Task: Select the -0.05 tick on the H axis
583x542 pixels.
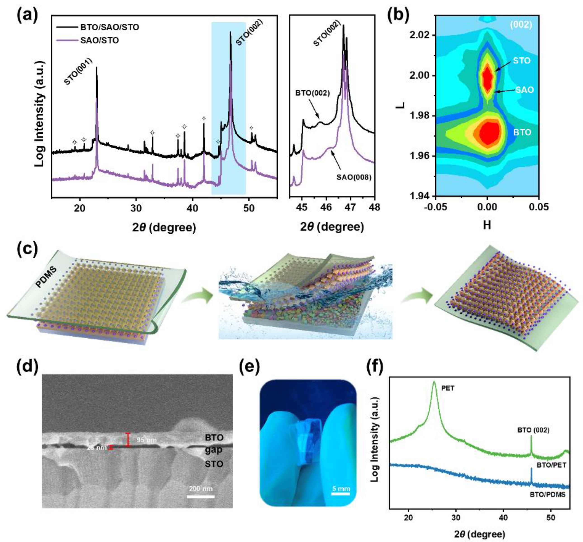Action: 436,207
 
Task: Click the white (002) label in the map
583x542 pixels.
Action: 521,25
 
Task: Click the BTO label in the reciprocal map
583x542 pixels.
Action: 522,132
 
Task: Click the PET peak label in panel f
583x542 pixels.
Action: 448,388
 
